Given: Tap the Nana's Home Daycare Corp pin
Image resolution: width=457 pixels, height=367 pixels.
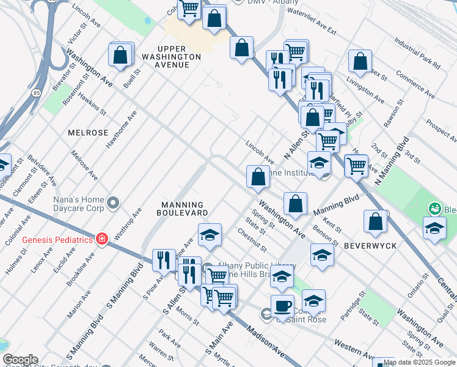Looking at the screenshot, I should coord(113,202).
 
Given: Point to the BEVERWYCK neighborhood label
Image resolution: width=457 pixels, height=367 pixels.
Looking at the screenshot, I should coord(370,245).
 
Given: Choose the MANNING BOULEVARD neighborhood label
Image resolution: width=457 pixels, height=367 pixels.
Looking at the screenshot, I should coord(182,209).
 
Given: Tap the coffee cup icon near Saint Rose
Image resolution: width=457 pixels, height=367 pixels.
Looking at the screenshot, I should coord(282,305).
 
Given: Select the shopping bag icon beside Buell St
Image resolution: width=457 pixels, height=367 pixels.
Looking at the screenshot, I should coord(120,55).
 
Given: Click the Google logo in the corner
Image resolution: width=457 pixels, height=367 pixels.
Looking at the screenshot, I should coord(20,360).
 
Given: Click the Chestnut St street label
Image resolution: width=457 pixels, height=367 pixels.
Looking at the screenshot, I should coord(252,240).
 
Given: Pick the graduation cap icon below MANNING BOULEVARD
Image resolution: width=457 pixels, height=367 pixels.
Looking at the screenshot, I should coord(209,235).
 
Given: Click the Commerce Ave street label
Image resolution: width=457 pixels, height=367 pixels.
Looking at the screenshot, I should coord(415,85).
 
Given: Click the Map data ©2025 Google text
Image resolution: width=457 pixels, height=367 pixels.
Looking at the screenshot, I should coord(419,362).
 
